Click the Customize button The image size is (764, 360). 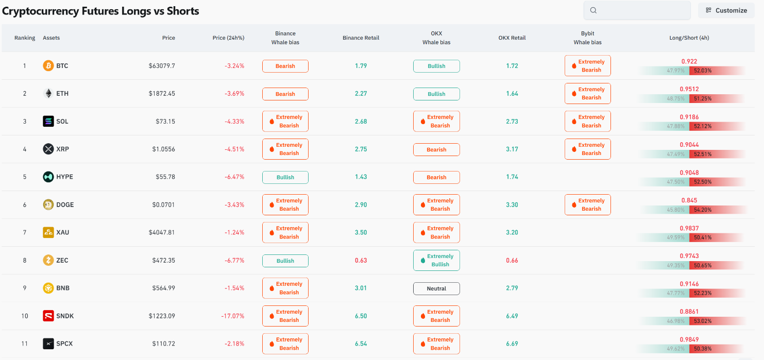pyautogui.click(x=726, y=10)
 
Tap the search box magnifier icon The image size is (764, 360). pyautogui.click(x=593, y=10)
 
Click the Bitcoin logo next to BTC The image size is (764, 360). pyautogui.click(x=48, y=65)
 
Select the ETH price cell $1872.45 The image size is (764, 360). pyautogui.click(x=162, y=93)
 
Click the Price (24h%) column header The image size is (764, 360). pyautogui.click(x=228, y=38)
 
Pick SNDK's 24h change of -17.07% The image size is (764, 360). pyautogui.click(x=233, y=316)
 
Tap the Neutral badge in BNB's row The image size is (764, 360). pyautogui.click(x=436, y=288)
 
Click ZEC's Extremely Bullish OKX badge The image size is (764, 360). pyautogui.click(x=436, y=261)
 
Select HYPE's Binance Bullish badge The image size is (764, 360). pyautogui.click(x=285, y=177)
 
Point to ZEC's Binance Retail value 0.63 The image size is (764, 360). pyautogui.click(x=361, y=261)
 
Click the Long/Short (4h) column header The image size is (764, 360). pyautogui.click(x=689, y=38)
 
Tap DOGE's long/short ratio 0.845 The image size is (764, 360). pyautogui.click(x=689, y=200)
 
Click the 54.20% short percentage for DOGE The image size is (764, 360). pyautogui.click(x=703, y=210)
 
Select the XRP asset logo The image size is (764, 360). pyautogui.click(x=48, y=149)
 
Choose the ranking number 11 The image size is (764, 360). pyautogui.click(x=25, y=344)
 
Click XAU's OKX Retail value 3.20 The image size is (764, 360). pyautogui.click(x=512, y=232)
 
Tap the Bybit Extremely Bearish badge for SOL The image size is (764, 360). pyautogui.click(x=587, y=122)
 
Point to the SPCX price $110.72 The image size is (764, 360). pyautogui.click(x=163, y=344)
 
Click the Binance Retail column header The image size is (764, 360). pyautogui.click(x=361, y=38)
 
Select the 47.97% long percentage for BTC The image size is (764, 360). pyautogui.click(x=676, y=71)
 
